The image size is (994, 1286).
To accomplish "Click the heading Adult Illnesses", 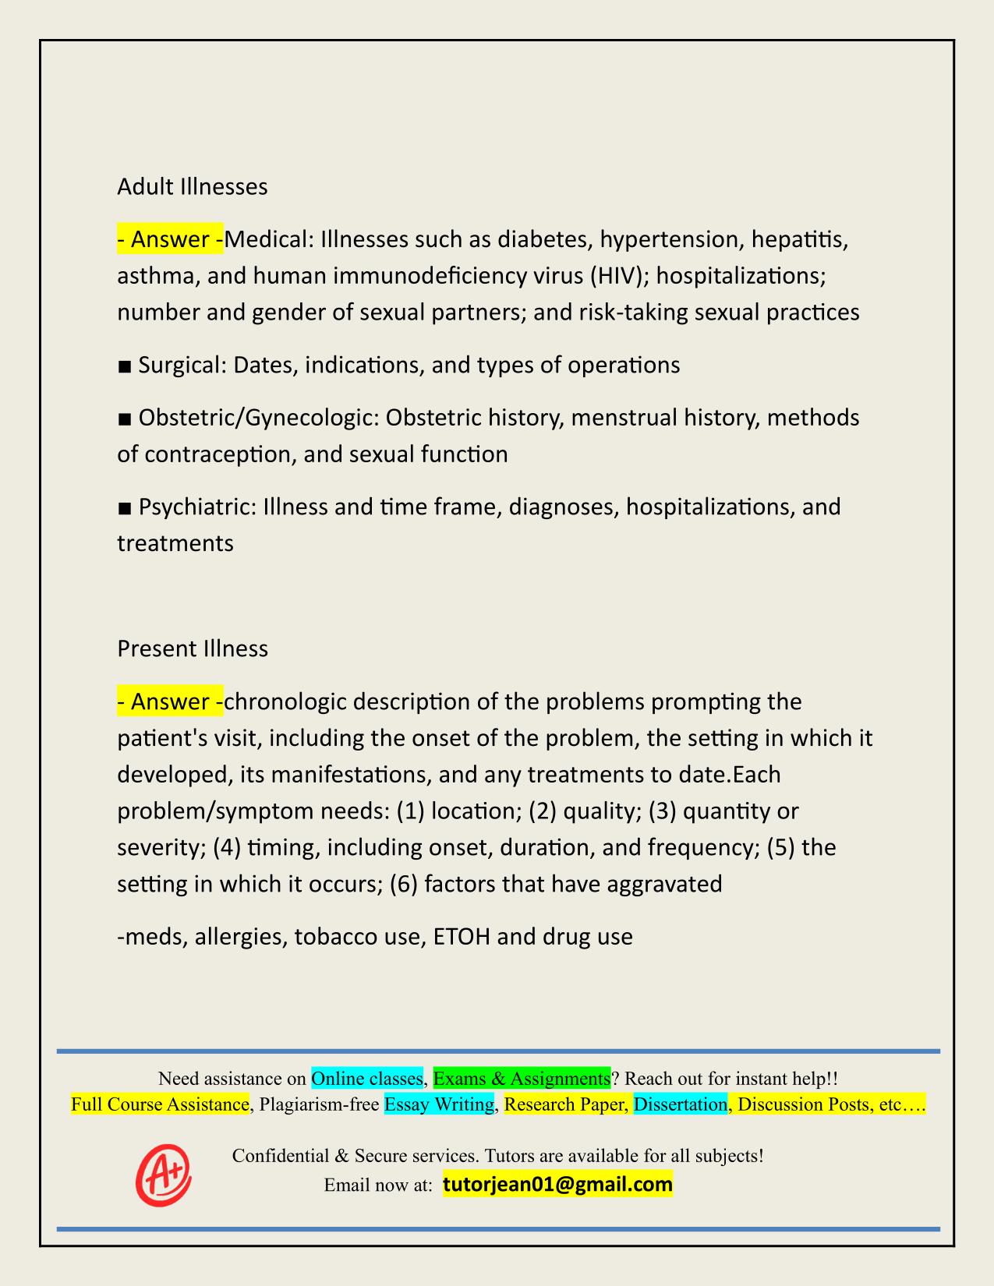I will [192, 187].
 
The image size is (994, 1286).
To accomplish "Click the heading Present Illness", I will [192, 649].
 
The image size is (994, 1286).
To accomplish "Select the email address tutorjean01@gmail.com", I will [557, 1185].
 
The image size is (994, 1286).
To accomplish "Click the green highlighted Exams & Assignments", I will [521, 1079].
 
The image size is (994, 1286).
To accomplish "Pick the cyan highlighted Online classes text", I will [366, 1079].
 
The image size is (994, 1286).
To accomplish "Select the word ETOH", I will [461, 936].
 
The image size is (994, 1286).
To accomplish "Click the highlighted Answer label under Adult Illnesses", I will [169, 239].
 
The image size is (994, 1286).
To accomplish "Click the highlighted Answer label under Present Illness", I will [169, 701].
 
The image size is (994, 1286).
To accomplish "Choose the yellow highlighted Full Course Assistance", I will [160, 1104].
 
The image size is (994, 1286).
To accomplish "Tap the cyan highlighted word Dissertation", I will [680, 1104].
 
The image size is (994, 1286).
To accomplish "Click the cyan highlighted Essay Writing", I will [439, 1104].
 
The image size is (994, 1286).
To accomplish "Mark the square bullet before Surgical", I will [124, 366].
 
